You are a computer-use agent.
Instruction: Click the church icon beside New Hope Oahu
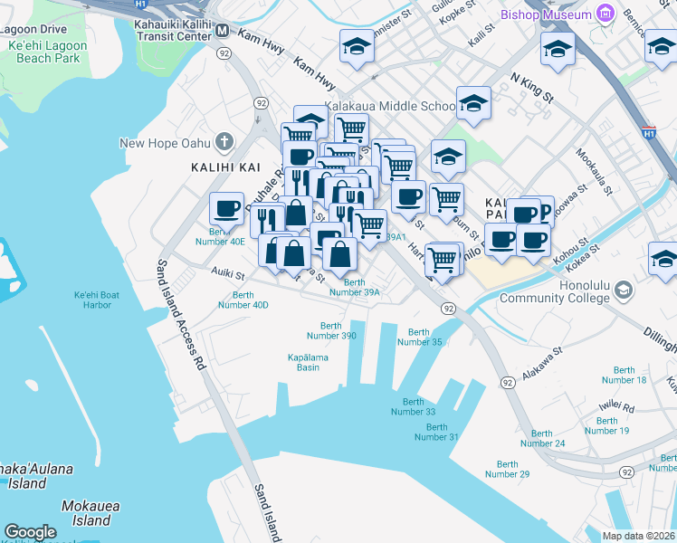(x=224, y=143)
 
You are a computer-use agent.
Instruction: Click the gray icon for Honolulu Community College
(x=623, y=290)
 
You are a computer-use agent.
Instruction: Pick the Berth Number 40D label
(x=243, y=300)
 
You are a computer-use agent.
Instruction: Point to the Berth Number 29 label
(x=507, y=469)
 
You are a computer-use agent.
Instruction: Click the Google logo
(x=30, y=531)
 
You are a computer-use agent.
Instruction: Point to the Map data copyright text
(x=639, y=536)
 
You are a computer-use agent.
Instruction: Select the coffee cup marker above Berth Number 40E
(x=226, y=210)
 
